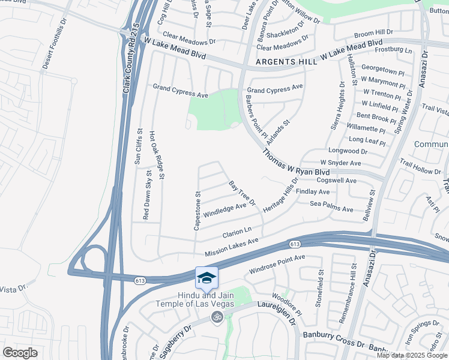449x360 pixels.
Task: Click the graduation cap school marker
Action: point(206,278)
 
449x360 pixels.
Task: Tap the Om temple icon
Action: point(217,317)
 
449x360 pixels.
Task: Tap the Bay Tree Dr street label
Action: point(243,193)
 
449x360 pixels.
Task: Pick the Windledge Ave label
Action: point(225,209)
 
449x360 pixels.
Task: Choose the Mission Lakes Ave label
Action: point(231,247)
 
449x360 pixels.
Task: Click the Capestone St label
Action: point(197,211)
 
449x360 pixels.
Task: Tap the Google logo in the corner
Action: point(20,353)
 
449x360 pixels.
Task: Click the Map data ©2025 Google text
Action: point(412,355)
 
